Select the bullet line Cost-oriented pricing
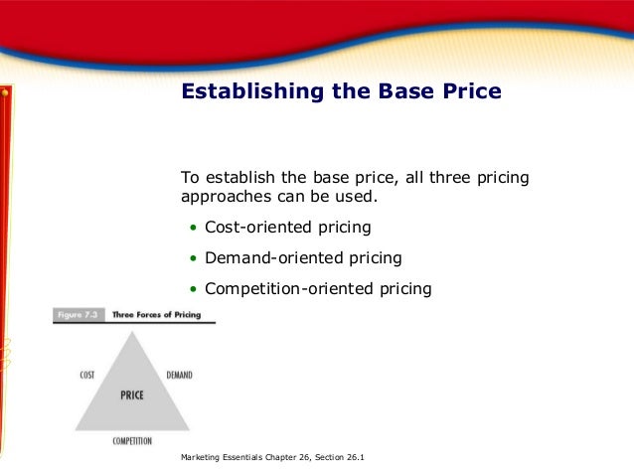[x=287, y=228]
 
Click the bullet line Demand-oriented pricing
[x=303, y=258]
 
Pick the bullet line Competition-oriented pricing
[x=318, y=289]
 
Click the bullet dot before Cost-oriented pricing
[x=194, y=229]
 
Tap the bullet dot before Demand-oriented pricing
[x=194, y=259]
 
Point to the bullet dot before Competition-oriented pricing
[x=194, y=290]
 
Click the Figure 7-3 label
[x=76, y=315]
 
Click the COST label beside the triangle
[x=86, y=376]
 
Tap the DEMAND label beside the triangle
[x=179, y=376]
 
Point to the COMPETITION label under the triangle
[x=132, y=439]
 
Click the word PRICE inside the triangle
[x=131, y=395]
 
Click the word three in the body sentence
[x=441, y=178]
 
